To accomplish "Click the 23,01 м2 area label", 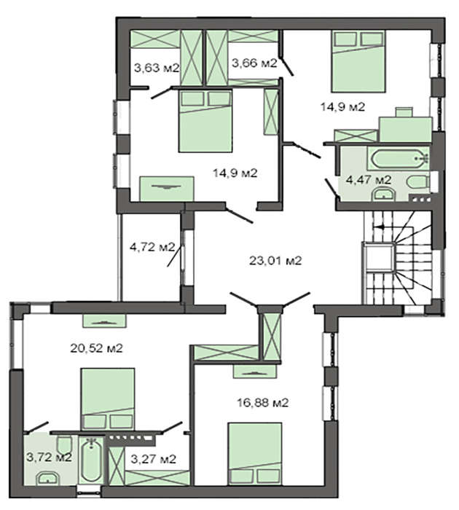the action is pos(275,261).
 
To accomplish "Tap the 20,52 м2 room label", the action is pos(97,348).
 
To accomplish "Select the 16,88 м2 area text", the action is pos(263,404).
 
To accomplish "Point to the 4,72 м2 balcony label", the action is pos(152,247).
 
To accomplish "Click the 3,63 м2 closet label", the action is pos(157,68).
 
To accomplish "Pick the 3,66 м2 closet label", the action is pos(254,63).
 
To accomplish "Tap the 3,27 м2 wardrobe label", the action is pos(154,459).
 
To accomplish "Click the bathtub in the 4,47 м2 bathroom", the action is pos(399,158).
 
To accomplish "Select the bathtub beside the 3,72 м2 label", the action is pos(91,460).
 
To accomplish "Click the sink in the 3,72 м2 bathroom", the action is pos(48,479).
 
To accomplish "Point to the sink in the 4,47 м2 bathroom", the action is pos(384,195).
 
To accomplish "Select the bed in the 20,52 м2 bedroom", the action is pos(108,399).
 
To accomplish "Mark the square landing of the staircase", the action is pos(379,257).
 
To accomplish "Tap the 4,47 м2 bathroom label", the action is pos(368,180).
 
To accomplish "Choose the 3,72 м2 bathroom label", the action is pos(49,458).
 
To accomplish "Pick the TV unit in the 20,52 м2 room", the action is pos(104,321).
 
